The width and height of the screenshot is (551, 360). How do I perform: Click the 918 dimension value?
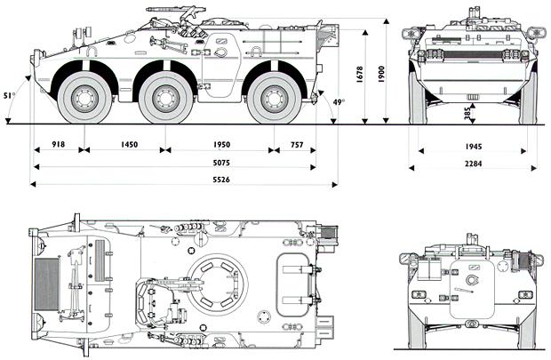coord(59,144)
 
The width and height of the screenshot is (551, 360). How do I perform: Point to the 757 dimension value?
coord(296,144)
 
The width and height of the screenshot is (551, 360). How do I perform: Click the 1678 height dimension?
coord(357,76)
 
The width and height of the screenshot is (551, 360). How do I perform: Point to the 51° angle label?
coord(9,94)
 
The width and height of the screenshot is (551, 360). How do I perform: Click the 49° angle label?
coord(338,103)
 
